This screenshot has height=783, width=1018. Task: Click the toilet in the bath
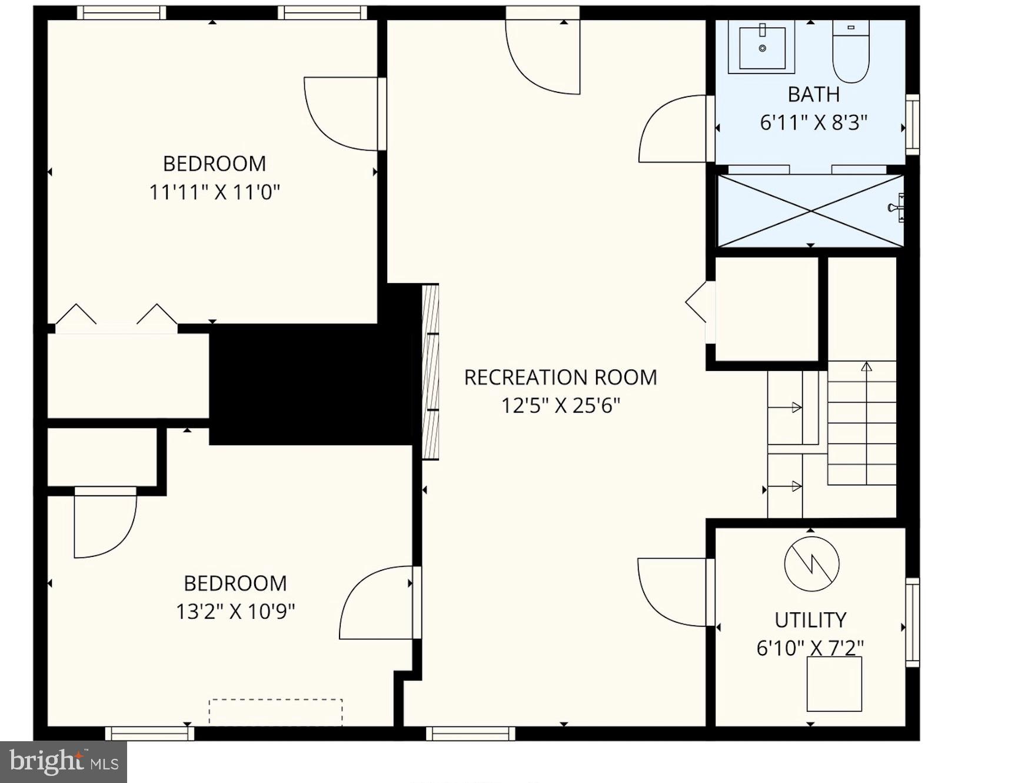(x=851, y=52)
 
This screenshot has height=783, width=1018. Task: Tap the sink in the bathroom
(x=761, y=47)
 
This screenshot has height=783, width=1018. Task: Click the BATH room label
(x=813, y=94)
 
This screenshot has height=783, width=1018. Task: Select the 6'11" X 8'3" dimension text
(x=813, y=122)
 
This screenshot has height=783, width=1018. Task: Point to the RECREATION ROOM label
(x=560, y=377)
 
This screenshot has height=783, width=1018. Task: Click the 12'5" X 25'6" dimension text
(x=560, y=406)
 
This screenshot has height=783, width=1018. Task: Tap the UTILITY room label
(x=810, y=620)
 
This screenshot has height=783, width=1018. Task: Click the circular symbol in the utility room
(x=811, y=564)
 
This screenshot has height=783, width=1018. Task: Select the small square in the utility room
(x=834, y=684)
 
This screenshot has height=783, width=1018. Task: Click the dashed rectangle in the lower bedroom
(x=275, y=712)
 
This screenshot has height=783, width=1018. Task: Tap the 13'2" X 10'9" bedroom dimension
(x=235, y=612)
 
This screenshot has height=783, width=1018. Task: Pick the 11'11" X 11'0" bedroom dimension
(x=214, y=192)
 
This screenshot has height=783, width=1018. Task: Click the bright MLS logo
(x=64, y=762)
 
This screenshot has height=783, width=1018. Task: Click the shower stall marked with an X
(x=810, y=210)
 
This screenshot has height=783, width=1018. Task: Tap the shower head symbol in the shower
(x=896, y=207)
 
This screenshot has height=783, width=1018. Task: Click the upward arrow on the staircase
(x=866, y=366)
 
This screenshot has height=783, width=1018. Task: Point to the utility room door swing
(x=672, y=592)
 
